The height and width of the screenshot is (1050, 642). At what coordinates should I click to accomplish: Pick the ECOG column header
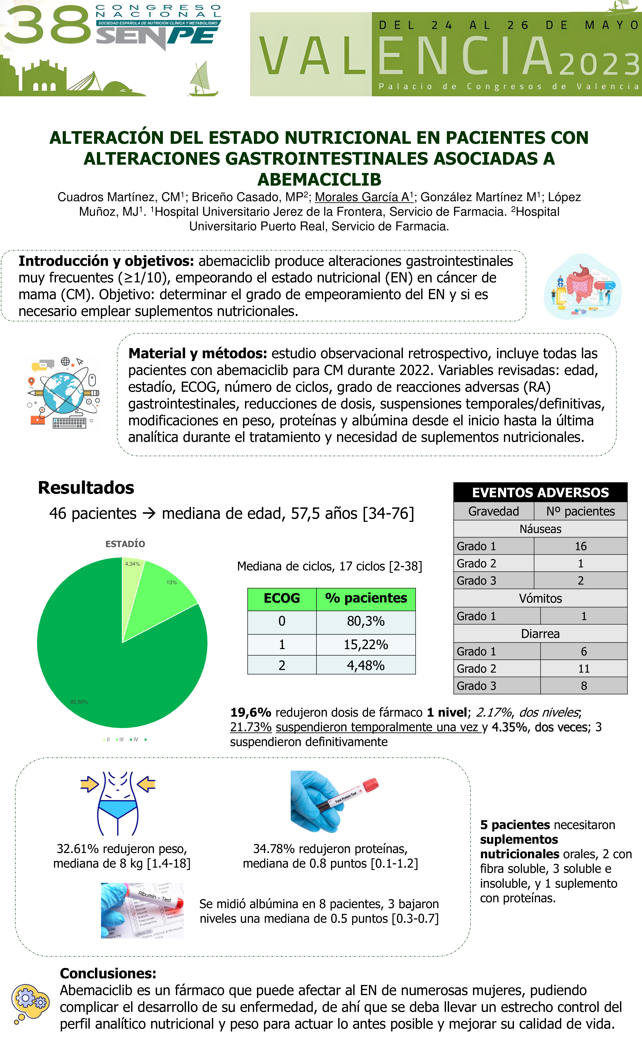[x=282, y=598]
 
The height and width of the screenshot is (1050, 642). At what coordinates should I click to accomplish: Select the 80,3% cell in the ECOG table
[x=365, y=621]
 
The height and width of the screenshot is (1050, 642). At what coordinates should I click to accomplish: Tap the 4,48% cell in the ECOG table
[x=365, y=665]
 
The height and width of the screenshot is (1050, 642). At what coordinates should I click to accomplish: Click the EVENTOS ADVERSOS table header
[x=540, y=493]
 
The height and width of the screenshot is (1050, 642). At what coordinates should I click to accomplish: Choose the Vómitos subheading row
[x=540, y=598]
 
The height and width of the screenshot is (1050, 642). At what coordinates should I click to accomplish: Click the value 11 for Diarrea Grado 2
[x=584, y=669]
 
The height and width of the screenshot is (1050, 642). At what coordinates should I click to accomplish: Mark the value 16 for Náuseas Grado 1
[x=580, y=546]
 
